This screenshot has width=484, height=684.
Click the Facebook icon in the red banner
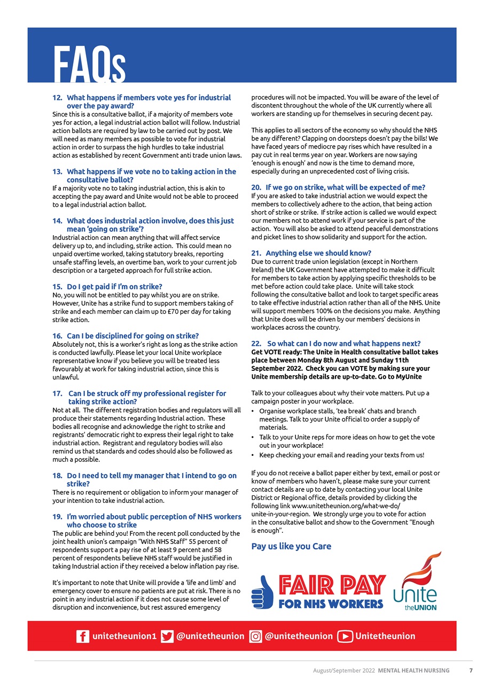(82, 636)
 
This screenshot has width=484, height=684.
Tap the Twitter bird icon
(167, 636)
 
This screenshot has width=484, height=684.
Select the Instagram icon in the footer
(256, 636)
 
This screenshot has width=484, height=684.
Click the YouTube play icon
(345, 636)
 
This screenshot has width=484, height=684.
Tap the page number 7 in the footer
(471, 671)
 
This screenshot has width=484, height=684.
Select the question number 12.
(57, 98)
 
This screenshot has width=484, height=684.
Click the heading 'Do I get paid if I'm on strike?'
(114, 286)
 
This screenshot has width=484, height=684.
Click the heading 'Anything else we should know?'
(318, 253)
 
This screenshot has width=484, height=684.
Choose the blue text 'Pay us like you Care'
(291, 546)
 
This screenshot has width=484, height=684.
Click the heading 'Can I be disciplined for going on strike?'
(132, 336)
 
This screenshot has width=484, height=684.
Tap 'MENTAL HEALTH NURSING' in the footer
(413, 671)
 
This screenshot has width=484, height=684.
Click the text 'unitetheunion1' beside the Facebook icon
(124, 636)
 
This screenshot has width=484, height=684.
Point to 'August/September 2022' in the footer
(344, 671)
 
